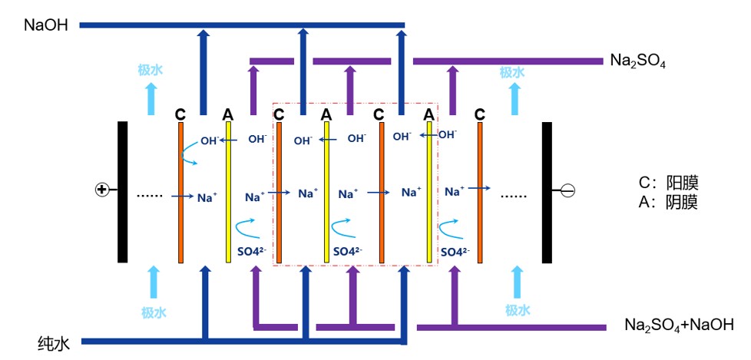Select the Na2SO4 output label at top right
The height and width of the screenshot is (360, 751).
pyautogui.click(x=637, y=60)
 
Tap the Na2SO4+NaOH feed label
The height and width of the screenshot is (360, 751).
pyautogui.click(x=679, y=325)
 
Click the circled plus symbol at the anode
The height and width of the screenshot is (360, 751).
pyautogui.click(x=101, y=190)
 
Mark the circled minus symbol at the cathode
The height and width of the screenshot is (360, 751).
pyautogui.click(x=569, y=190)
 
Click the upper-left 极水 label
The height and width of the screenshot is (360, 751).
pyautogui.click(x=151, y=71)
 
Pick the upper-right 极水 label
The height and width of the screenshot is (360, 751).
pyautogui.click(x=512, y=72)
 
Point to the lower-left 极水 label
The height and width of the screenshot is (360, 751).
pyautogui.click(x=154, y=312)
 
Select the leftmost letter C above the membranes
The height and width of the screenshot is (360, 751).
pyautogui.click(x=180, y=114)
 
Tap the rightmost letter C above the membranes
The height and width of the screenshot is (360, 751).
pyautogui.click(x=480, y=114)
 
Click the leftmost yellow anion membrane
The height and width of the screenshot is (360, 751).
pyautogui.click(x=228, y=192)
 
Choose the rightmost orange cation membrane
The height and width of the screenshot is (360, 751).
pyautogui.click(x=481, y=192)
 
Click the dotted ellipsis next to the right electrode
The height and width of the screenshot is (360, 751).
pyautogui.click(x=514, y=195)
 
